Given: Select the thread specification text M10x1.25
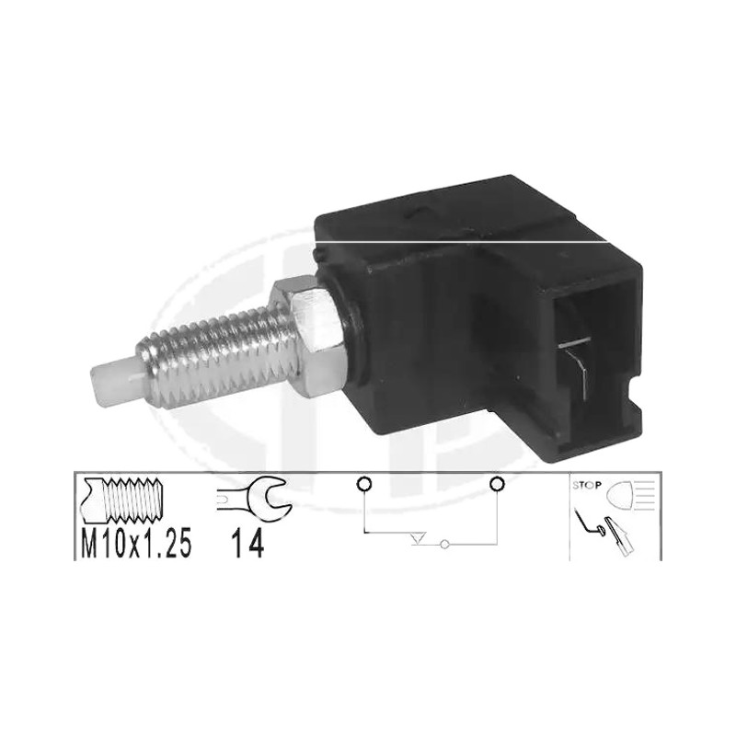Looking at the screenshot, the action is [x=136, y=544].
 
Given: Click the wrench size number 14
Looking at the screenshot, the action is [x=247, y=544].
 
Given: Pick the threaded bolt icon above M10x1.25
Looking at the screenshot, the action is [x=121, y=500].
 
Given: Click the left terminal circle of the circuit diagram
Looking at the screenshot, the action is [x=363, y=483].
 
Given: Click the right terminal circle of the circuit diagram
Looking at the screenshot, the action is [x=497, y=483].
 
